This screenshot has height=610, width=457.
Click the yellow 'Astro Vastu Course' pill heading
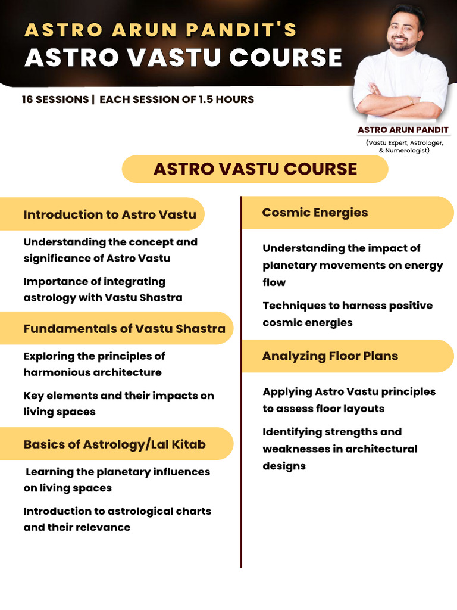pyautogui.click(x=255, y=169)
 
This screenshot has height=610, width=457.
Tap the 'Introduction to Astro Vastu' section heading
pyautogui.click(x=109, y=214)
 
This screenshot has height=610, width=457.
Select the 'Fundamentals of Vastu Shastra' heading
pyautogui.click(x=124, y=328)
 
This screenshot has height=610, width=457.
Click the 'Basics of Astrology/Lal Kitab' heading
pyautogui.click(x=114, y=444)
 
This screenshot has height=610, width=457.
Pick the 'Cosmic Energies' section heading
pyautogui.click(x=315, y=213)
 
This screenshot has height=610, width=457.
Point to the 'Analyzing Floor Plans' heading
pyautogui.click(x=330, y=356)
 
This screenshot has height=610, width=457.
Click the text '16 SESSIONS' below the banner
pyautogui.click(x=54, y=99)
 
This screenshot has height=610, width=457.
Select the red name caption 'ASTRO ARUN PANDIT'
pyautogui.click(x=403, y=130)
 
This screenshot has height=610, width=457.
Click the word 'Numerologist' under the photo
pyautogui.click(x=406, y=151)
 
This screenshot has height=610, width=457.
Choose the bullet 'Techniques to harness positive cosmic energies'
pyautogui.click(x=348, y=314)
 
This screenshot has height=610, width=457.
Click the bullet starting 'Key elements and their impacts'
pyautogui.click(x=118, y=403)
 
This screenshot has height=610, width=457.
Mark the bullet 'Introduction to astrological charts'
pyautogui.click(x=117, y=519)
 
